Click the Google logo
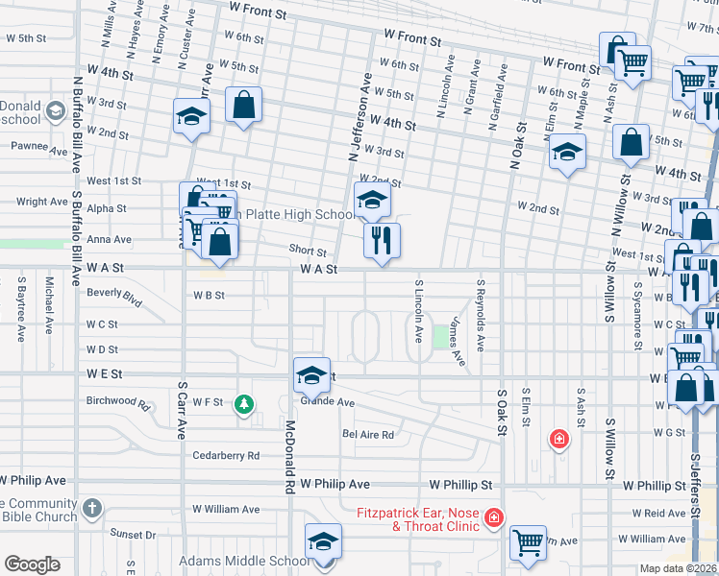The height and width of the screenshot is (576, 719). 32,564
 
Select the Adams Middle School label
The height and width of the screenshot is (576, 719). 243,561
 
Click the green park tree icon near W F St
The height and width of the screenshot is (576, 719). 245,404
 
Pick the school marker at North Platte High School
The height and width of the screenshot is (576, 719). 373,200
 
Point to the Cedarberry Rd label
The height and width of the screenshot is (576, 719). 226,455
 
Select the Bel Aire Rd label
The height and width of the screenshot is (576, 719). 368,434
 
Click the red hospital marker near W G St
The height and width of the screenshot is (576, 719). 558,441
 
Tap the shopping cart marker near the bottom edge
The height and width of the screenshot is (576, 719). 528,542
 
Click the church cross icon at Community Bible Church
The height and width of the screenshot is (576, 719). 91,506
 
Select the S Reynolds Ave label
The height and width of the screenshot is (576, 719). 482,315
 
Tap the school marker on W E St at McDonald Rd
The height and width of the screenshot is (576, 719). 311,375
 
